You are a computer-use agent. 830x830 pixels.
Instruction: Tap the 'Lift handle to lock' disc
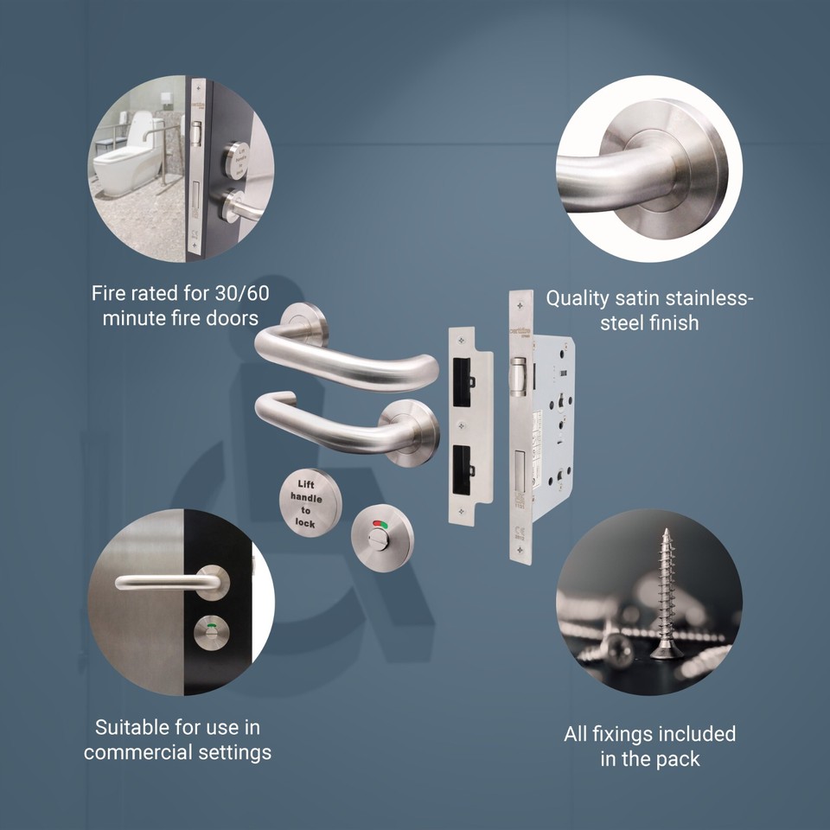(311, 501)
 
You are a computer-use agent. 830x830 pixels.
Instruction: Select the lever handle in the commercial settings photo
(169, 582)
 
